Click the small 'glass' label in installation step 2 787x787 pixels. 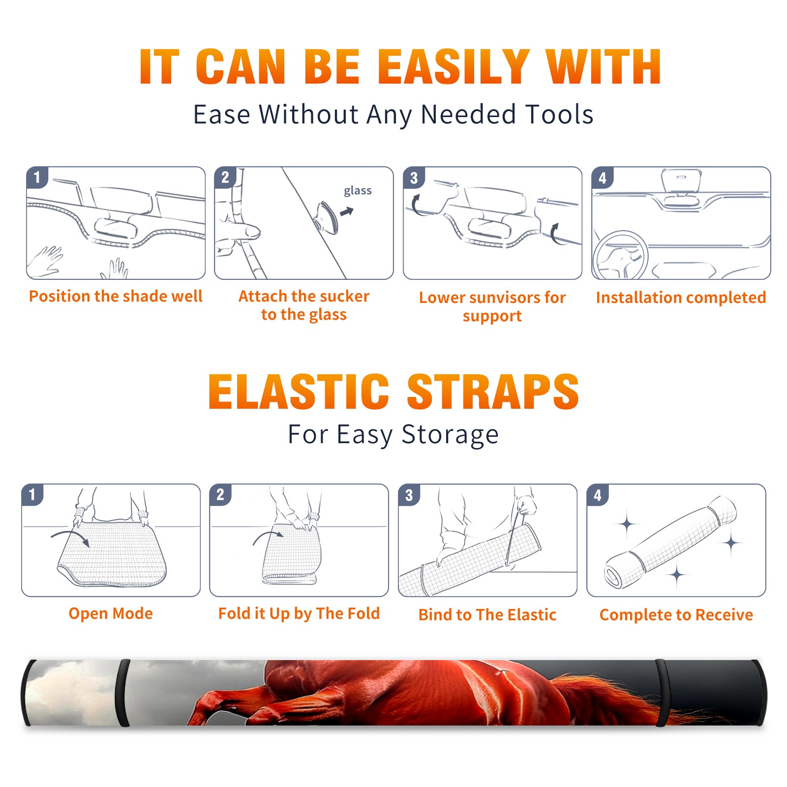pyautogui.click(x=358, y=191)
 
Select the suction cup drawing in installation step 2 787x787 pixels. pyautogui.click(x=328, y=217)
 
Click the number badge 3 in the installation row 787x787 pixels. pyautogui.click(x=413, y=178)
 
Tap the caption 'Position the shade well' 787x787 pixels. pyautogui.click(x=116, y=296)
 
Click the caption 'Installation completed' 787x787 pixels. pyautogui.click(x=681, y=297)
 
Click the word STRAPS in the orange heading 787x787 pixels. pyautogui.click(x=493, y=392)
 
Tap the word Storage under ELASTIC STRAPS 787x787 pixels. pyautogui.click(x=450, y=435)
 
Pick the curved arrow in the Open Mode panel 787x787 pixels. pyautogui.click(x=70, y=537)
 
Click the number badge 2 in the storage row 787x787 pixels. pyautogui.click(x=220, y=494)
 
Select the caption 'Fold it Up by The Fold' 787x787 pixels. pyautogui.click(x=299, y=613)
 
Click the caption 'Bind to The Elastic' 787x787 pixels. pyautogui.click(x=487, y=615)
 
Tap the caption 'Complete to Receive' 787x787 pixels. pyautogui.click(x=676, y=615)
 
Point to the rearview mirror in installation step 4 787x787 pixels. pyautogui.click(x=681, y=181)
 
